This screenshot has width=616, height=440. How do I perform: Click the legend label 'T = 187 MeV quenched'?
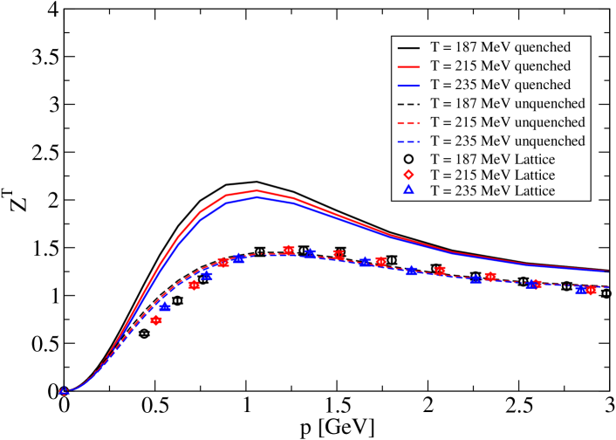tap(500, 47)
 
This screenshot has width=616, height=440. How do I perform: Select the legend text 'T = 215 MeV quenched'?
tap(500, 66)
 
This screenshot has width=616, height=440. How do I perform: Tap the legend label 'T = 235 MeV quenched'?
tap(500, 86)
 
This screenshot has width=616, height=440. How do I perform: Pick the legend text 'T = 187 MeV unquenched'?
tap(507, 104)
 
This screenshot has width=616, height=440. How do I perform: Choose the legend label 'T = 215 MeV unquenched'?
tap(507, 123)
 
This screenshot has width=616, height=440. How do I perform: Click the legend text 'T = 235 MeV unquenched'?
tap(507, 141)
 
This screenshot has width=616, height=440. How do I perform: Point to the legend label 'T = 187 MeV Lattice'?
tap(492, 160)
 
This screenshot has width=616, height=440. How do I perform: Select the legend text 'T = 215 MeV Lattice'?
tap(492, 175)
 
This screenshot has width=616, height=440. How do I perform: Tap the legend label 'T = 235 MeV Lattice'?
tap(492, 191)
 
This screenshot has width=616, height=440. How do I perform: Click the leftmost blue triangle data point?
tap(64, 391)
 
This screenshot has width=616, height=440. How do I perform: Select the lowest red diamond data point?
tap(156, 320)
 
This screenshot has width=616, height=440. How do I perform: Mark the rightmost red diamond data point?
tap(591, 290)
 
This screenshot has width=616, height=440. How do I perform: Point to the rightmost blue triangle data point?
tap(581, 289)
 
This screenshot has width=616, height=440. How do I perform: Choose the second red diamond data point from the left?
tap(195, 285)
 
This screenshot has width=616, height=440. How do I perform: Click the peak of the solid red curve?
tap(257, 190)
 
